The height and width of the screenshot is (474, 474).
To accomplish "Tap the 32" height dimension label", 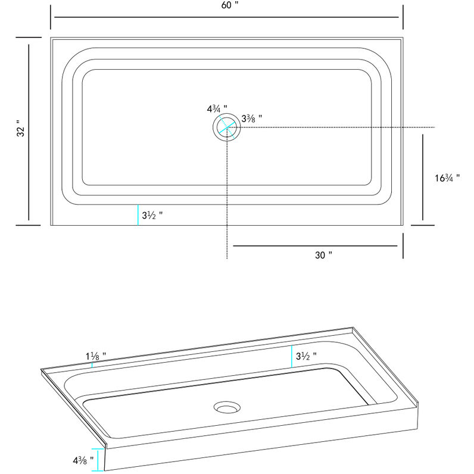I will [x=21, y=131].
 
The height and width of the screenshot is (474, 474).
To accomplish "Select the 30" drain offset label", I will [x=323, y=255].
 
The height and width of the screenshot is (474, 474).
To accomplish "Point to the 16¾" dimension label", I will [x=447, y=178].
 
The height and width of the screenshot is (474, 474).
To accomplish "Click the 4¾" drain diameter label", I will [x=217, y=109].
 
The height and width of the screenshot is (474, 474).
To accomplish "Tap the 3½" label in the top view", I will [x=152, y=214].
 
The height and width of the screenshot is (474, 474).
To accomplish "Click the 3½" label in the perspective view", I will [x=306, y=355].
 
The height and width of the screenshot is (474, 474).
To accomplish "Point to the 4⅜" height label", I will [x=83, y=460].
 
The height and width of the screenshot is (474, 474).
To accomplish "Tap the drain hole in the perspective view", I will [x=226, y=408].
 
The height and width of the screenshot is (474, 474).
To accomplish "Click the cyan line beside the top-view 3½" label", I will [x=138, y=214].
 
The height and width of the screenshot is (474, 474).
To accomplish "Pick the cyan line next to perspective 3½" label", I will [x=292, y=356].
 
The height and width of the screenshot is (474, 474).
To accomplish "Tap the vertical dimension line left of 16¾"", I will [x=423, y=177].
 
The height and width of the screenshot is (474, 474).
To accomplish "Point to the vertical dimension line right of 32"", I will [x=29, y=131].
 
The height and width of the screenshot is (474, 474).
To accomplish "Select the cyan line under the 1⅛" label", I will [x=92, y=364].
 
